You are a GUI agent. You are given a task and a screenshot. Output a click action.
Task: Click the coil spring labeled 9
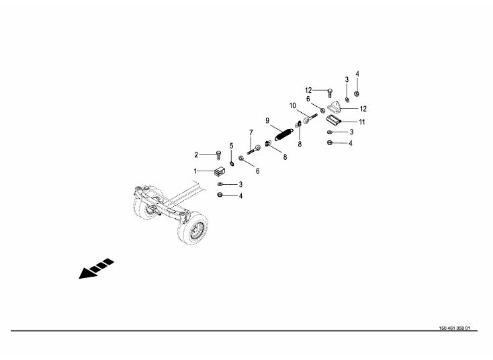(283, 134)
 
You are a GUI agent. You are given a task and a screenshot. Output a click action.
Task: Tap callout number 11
(362, 122)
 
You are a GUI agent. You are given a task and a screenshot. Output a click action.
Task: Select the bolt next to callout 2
(218, 155)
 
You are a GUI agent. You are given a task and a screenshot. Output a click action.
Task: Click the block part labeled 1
(220, 171)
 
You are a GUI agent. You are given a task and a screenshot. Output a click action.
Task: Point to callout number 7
(251, 133)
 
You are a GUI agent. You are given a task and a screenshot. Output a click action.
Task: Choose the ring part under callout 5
(232, 163)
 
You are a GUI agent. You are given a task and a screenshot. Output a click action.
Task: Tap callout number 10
(293, 105)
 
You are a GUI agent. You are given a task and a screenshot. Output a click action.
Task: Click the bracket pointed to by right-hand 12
(334, 106)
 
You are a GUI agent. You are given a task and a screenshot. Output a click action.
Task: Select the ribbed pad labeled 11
(333, 120)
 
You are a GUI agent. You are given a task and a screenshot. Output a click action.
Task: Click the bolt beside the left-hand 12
(329, 93)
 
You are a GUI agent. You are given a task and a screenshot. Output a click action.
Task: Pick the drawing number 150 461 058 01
(454, 328)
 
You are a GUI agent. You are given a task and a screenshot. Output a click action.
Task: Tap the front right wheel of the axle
(193, 228)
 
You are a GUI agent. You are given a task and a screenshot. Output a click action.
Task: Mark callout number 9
(267, 121)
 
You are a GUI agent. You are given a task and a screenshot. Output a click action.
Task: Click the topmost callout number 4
(357, 74)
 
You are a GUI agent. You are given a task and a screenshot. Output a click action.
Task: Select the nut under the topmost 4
(357, 94)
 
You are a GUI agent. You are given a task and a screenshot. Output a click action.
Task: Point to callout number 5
(232, 146)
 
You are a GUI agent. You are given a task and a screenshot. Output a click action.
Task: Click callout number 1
(195, 171)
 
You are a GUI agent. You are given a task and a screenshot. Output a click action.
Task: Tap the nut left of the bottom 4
(220, 195)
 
